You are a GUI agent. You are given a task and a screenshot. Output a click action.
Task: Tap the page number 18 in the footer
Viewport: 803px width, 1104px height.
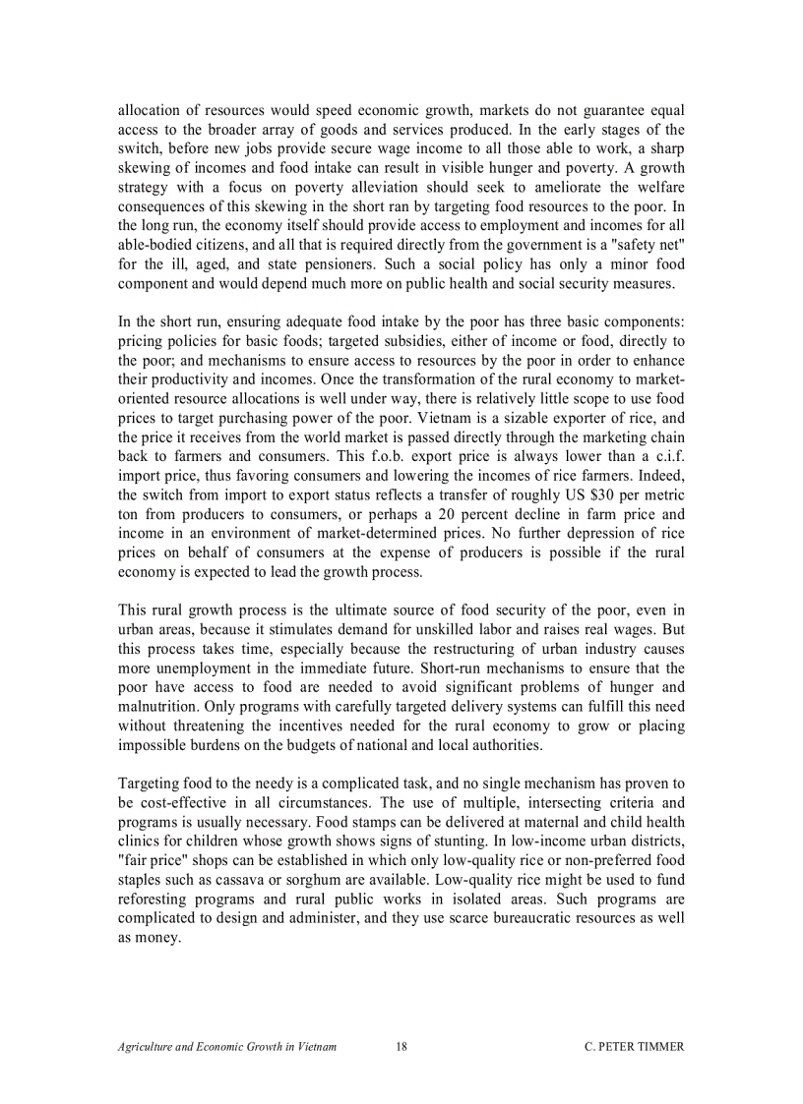click(401, 1047)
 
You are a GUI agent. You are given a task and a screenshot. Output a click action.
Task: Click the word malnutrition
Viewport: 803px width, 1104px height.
click(161, 707)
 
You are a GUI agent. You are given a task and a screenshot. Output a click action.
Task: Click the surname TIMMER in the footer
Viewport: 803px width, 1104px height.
click(654, 1047)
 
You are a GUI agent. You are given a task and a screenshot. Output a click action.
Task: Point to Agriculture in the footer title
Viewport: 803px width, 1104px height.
click(149, 1047)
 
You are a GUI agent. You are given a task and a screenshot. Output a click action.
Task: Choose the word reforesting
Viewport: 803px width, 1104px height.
click(157, 899)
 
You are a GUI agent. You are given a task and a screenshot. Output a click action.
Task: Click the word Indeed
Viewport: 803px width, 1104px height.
click(660, 477)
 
